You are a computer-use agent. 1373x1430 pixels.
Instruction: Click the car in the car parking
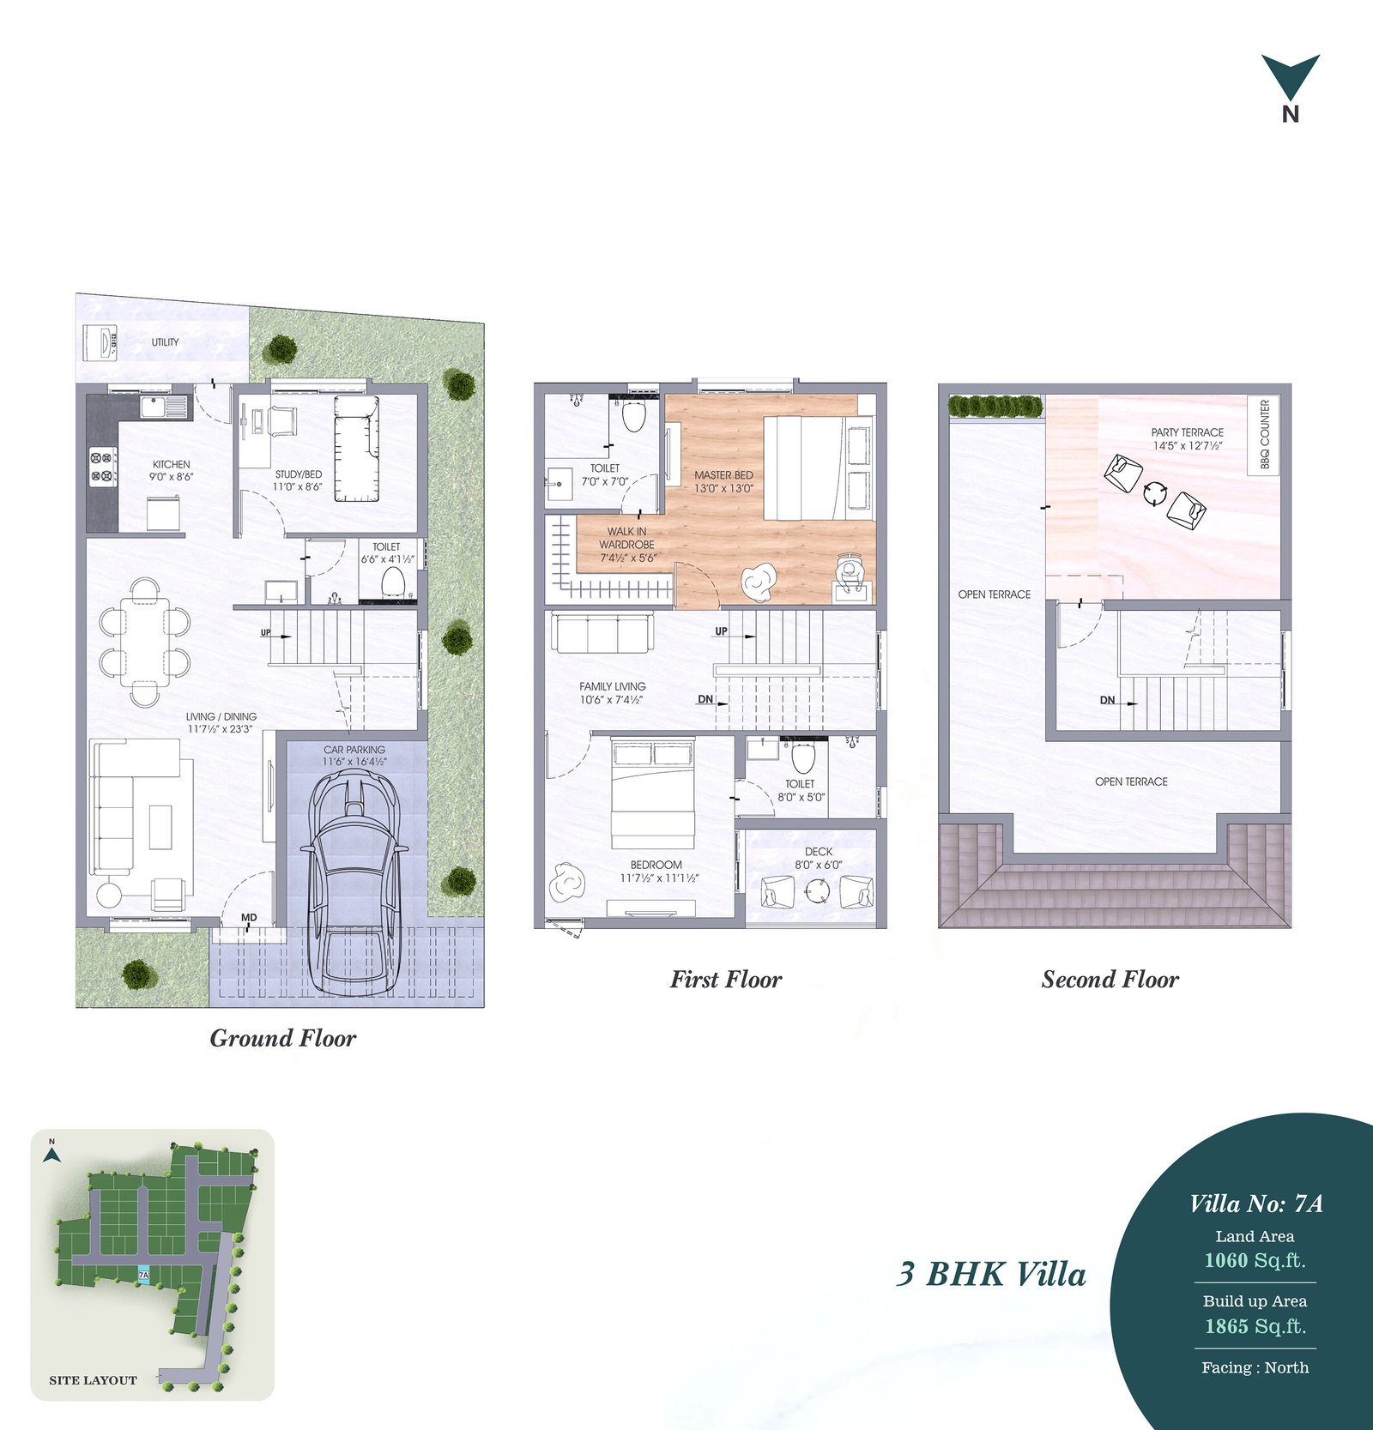tap(351, 883)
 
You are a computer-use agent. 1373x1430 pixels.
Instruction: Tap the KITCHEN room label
tap(172, 464)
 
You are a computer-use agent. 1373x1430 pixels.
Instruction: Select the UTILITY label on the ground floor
tap(166, 342)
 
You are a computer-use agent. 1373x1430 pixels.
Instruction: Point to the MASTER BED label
tap(723, 474)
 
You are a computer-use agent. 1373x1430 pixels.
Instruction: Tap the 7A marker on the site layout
tap(144, 1275)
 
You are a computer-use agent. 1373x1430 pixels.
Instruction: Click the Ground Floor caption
tap(283, 1038)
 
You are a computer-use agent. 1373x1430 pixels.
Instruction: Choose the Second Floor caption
tap(1110, 979)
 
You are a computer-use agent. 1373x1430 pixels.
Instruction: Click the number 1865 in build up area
tap(1226, 1326)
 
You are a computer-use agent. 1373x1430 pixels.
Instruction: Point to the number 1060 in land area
tap(1226, 1260)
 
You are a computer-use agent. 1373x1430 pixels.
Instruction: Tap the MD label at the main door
tap(249, 918)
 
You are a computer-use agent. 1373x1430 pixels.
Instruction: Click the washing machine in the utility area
tap(100, 344)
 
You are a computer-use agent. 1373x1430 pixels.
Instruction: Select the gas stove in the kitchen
tap(101, 466)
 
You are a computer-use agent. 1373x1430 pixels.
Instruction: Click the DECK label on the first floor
tap(819, 852)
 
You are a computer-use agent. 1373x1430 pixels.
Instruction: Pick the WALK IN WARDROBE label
tap(626, 538)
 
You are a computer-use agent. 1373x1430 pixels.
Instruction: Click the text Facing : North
tap(1255, 1367)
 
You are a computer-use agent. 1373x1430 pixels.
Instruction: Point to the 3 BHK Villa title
tap(991, 1274)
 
